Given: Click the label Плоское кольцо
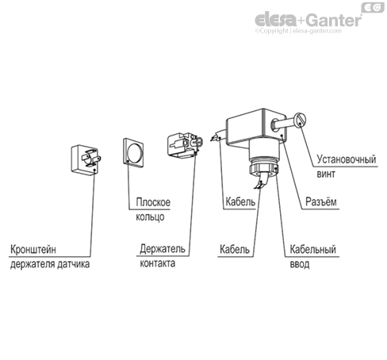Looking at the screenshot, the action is click(153, 209).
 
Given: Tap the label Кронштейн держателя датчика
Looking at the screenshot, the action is click(50, 257).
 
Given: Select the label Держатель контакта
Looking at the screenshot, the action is click(163, 256).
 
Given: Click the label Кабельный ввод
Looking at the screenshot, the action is click(312, 257).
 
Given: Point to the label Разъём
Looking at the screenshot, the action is click(321, 202).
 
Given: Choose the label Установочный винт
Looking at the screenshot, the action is click(347, 167).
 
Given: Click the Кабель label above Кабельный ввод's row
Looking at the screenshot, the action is click(240, 202).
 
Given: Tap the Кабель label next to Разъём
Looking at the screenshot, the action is click(240, 202).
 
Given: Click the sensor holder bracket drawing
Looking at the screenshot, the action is click(85, 159).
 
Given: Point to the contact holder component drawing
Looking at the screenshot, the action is click(185, 145).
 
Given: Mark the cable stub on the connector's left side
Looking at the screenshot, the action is click(219, 135).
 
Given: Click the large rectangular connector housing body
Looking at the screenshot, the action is click(256, 128).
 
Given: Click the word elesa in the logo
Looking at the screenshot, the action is click(276, 20).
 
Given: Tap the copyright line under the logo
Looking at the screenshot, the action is click(298, 31).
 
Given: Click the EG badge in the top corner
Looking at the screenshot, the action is click(372, 7).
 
